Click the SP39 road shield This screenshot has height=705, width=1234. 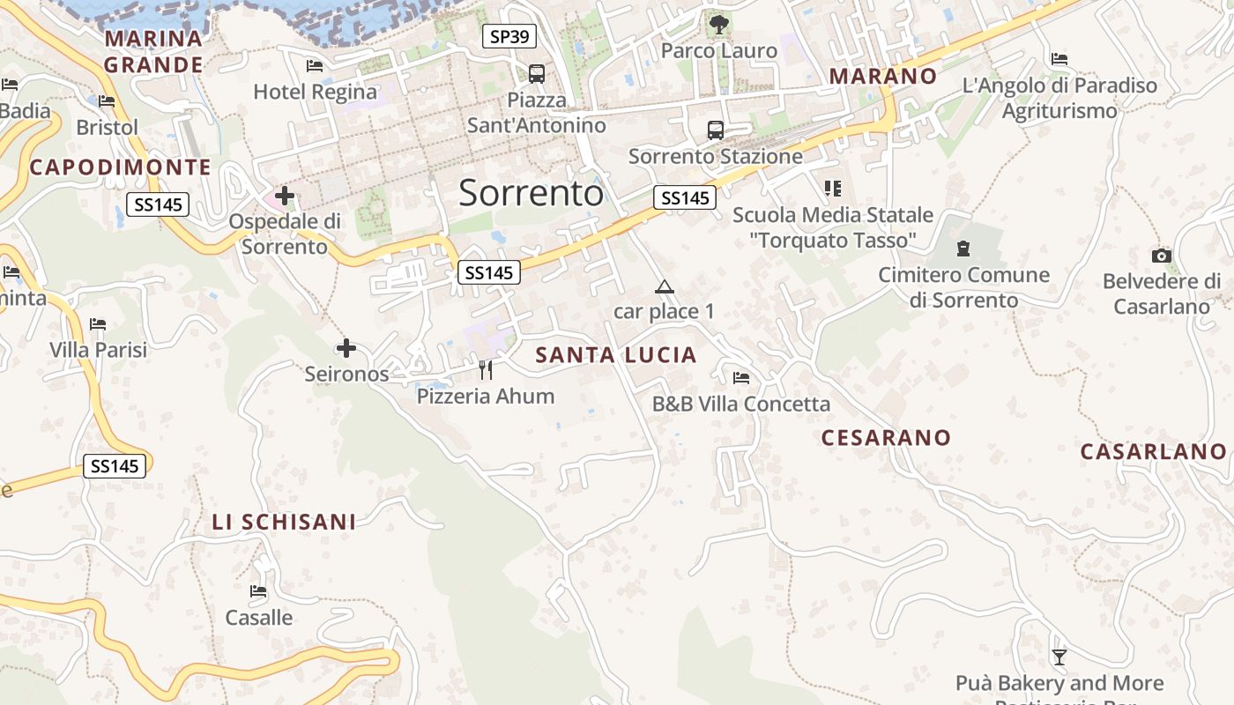tap(509, 36)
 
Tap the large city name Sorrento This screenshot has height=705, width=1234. tap(531, 192)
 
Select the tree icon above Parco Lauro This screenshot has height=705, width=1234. tap(719, 24)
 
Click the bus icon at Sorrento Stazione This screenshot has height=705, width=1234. tap(716, 130)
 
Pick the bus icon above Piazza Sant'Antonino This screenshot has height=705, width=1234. tap(536, 73)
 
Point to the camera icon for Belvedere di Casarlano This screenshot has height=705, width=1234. tap(1162, 256)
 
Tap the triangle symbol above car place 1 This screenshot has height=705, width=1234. tap(664, 286)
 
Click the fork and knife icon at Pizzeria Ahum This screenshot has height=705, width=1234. tap(486, 370)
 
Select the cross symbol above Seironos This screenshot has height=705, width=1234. tap(346, 349)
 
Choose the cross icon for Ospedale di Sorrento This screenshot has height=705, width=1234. tap(284, 196)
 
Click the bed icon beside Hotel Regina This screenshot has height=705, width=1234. tap(315, 66)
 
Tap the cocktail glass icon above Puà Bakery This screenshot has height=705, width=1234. tap(1059, 657)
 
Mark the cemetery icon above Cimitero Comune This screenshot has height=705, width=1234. tap(963, 249)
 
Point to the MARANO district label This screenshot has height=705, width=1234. tap(883, 76)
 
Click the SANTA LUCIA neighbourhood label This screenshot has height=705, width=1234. tap(616, 355)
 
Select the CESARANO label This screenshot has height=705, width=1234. tap(886, 437)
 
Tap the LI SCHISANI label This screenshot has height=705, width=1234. tap(284, 522)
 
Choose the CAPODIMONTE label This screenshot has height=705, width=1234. tap(121, 167)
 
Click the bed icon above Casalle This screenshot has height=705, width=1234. tap(258, 591)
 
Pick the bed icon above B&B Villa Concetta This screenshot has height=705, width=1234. tap(741, 378)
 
